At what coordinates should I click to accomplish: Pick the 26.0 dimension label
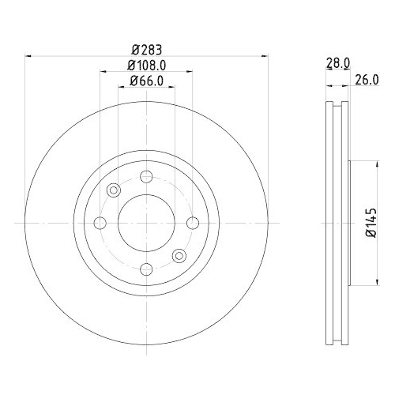click(367, 78)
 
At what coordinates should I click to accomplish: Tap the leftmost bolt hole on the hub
click(100, 224)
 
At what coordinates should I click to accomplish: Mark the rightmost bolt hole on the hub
click(191, 224)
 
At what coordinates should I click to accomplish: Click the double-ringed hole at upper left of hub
click(114, 190)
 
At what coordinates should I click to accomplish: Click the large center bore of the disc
click(145, 224)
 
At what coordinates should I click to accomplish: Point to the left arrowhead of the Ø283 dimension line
click(29, 55)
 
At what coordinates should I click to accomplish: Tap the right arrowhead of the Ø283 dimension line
click(262, 55)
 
